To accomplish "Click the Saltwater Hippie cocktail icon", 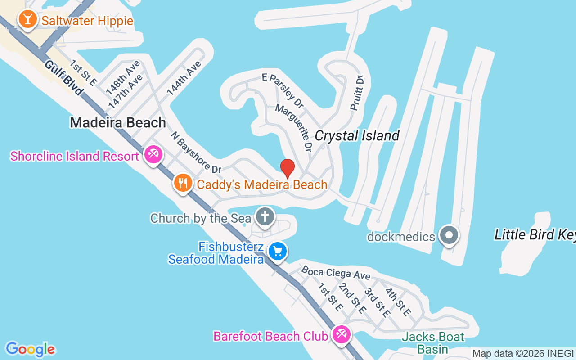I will coord(28,20).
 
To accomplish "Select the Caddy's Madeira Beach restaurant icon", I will coord(183,184).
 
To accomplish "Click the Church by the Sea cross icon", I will coord(265,217).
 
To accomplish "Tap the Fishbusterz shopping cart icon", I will coord(278,251).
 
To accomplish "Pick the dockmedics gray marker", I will coord(449,235).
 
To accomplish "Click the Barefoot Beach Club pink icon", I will coord(342,335).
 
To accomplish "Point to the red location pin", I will coord(288,168).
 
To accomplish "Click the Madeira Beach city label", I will coord(118,122).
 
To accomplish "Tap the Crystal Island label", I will coord(357,135).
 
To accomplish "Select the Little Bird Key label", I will coord(535,234).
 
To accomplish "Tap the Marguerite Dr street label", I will coord(293,127).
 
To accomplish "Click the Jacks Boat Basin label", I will coord(433,342).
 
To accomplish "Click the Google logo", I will coord(30,349).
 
